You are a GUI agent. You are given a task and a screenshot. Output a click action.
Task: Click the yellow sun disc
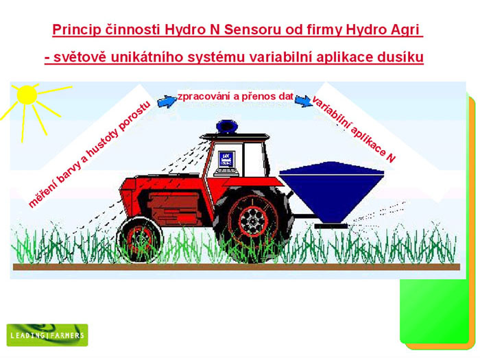(x=27, y=95)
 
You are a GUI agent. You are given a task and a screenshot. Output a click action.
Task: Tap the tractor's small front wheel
(x=140, y=239)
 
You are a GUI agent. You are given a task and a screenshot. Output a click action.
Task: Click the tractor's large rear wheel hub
(x=253, y=220)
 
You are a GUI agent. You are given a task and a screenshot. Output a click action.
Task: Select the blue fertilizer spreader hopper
(x=331, y=192)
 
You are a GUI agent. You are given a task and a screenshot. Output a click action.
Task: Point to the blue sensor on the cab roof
(x=227, y=126)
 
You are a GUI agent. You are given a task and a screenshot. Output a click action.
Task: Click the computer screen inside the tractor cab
(x=226, y=160)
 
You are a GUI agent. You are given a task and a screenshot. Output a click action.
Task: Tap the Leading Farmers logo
(x=47, y=335)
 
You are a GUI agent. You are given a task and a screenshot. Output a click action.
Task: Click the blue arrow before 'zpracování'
(x=167, y=101)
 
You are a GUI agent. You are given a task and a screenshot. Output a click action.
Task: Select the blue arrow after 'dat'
(x=303, y=100)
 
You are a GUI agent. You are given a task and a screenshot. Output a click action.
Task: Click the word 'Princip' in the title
(x=77, y=29)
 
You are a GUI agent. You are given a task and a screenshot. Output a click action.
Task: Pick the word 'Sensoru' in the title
(x=252, y=29)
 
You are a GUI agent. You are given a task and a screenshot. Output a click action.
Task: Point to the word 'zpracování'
(x=204, y=97)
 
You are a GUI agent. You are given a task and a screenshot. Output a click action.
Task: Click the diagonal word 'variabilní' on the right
(x=330, y=114)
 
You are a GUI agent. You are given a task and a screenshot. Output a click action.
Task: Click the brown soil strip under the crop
(x=237, y=267)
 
